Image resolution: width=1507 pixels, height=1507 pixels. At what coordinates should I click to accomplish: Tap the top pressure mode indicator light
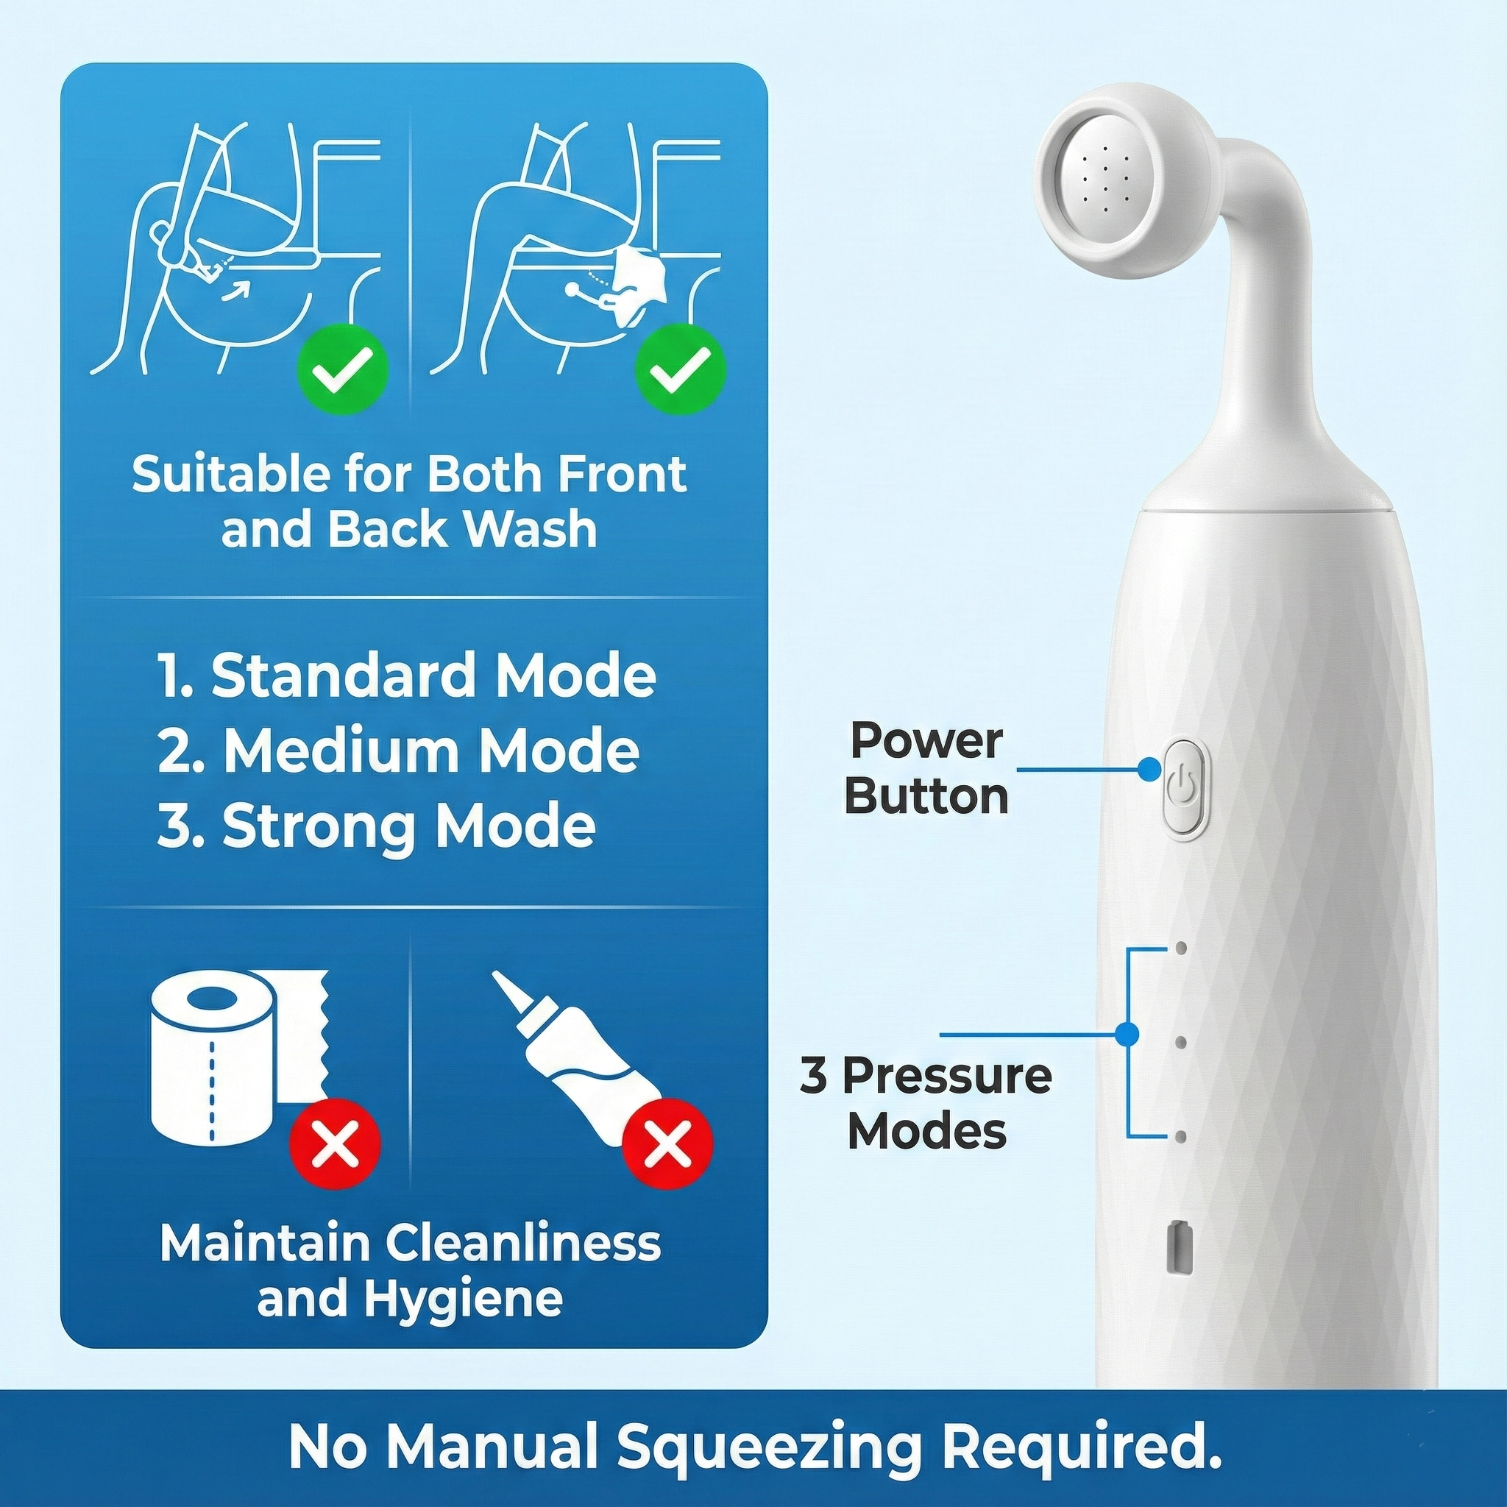coord(1181,948)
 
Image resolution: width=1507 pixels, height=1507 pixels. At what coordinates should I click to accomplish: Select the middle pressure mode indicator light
coord(1181,1042)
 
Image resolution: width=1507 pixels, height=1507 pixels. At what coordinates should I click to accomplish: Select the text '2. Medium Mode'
coord(399,751)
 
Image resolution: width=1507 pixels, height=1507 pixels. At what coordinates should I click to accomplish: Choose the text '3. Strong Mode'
coord(377,826)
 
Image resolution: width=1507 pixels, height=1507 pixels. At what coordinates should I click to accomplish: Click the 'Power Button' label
coord(926,768)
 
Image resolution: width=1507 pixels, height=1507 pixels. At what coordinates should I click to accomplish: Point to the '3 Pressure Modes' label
coord(926,1102)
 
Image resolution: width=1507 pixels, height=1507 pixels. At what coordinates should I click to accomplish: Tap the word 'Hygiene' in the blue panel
coord(410,1299)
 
